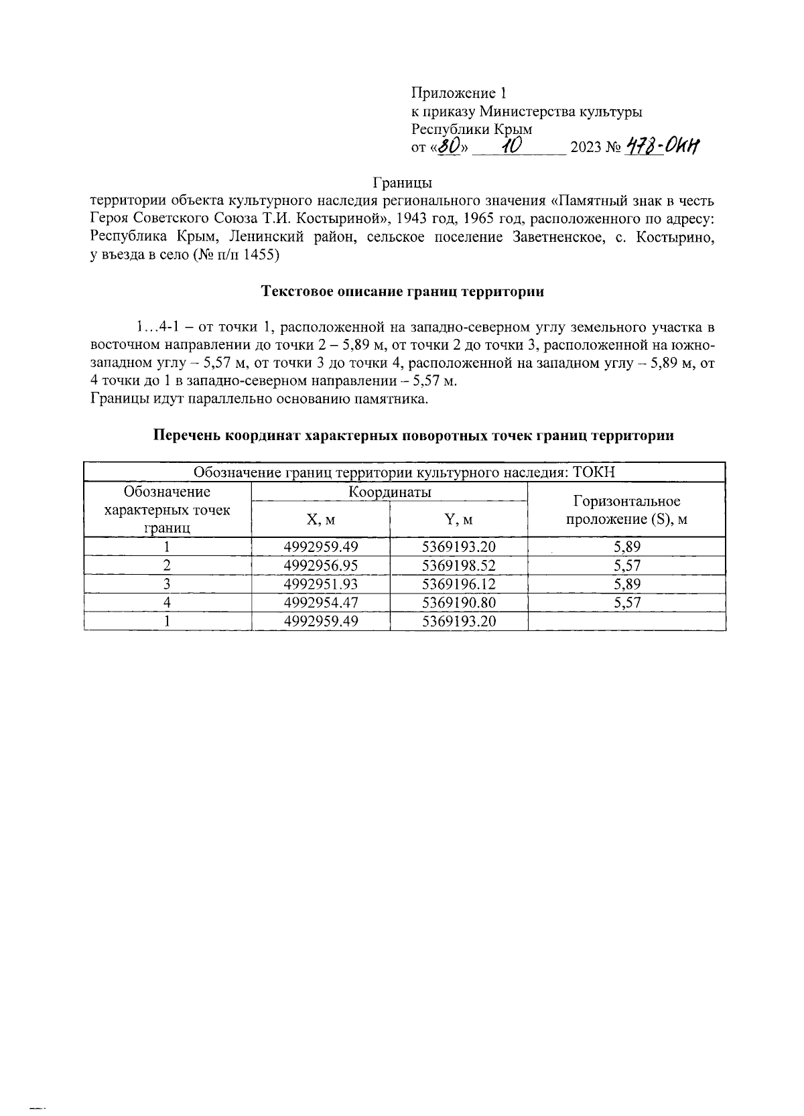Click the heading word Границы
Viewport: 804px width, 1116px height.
pos(402,182)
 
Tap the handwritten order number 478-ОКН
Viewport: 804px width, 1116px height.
pos(661,146)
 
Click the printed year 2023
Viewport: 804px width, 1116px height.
pos(585,148)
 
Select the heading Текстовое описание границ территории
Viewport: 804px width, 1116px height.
pos(402,291)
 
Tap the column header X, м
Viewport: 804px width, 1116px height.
pos(320,519)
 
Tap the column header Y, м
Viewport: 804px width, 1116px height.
pos(458,519)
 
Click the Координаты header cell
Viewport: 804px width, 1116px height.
pos(389,492)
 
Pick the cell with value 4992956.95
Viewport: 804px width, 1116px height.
pos(321,565)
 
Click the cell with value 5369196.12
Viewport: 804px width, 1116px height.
pos(458,583)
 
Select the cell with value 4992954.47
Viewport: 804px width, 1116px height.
pos(321,602)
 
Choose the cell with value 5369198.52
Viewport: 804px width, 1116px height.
pos(458,565)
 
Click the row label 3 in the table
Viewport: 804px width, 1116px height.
pos(167,583)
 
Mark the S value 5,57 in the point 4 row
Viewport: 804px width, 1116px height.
pos(626,602)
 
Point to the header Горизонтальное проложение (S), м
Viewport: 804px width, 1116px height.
pos(626,510)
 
